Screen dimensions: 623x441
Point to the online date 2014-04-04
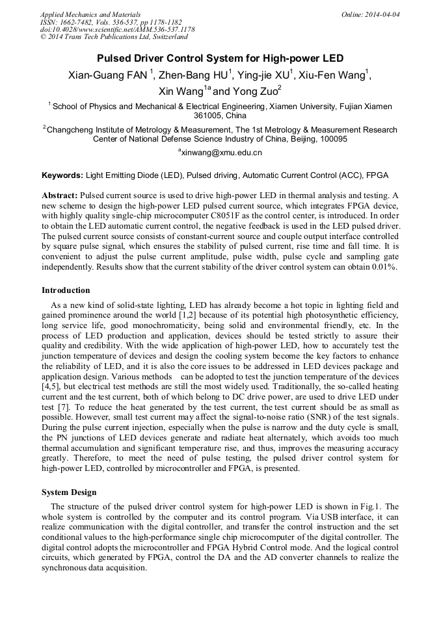tap(382, 14)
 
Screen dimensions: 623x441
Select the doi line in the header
tap(117, 29)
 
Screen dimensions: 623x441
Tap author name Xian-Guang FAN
tap(108, 75)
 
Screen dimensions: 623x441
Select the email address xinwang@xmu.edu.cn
tap(221, 153)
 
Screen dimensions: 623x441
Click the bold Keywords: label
tap(62, 175)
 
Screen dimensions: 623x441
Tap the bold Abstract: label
tap(60, 196)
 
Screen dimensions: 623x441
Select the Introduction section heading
tap(66, 290)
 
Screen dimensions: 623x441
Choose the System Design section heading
tap(69, 492)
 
